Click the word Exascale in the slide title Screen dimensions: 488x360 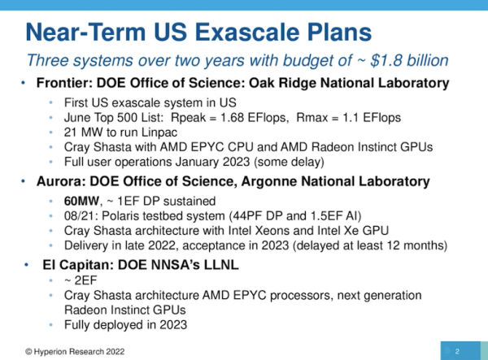tap(249, 32)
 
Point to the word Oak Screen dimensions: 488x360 tap(261, 83)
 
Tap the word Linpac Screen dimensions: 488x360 tap(159, 132)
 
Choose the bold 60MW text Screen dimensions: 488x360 tap(81, 202)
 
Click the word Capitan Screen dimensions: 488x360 tap(87, 265)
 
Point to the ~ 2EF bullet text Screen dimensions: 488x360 tap(81, 280)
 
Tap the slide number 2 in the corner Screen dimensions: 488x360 tap(457, 352)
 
